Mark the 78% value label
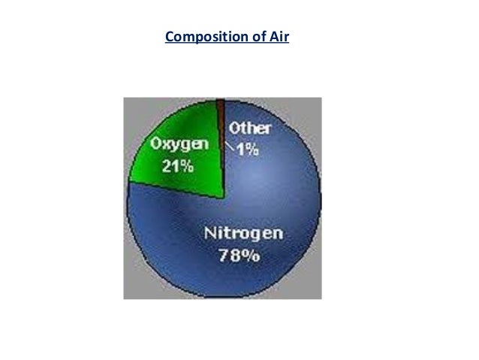[239, 256]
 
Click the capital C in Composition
[169, 37]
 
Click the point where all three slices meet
[223, 198]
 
